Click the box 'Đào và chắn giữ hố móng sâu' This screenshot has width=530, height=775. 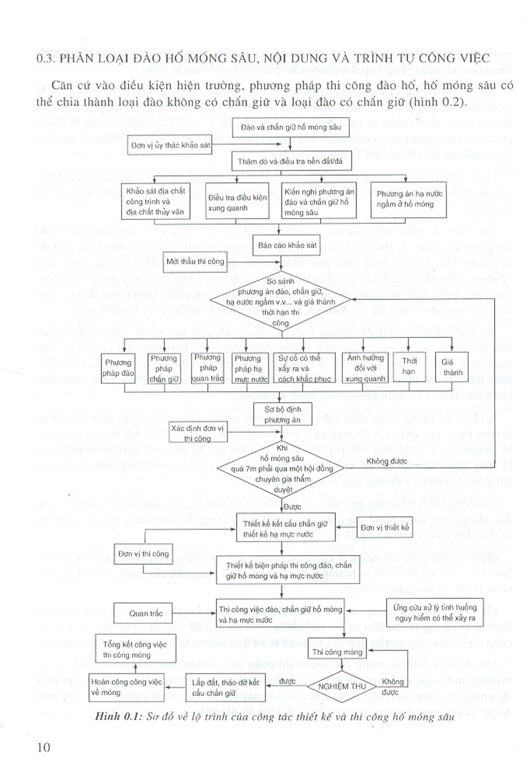coord(291,128)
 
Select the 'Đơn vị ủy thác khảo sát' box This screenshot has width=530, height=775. coord(170,145)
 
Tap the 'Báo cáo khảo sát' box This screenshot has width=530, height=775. coord(287,245)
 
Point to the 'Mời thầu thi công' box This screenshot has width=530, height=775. coord(196,262)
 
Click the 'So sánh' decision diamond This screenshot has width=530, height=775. coord(280,302)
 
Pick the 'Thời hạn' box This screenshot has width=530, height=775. coord(409,366)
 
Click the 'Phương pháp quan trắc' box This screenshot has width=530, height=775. coord(207,368)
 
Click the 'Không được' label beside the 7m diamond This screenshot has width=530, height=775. coord(386,461)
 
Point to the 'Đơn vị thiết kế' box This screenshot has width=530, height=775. coord(385,528)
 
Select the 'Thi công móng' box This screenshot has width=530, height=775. coord(337,652)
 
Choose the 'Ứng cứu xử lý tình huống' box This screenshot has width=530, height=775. coord(435,612)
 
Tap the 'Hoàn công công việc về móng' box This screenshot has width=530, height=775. coord(127,687)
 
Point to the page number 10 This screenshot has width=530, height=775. coord(43,747)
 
